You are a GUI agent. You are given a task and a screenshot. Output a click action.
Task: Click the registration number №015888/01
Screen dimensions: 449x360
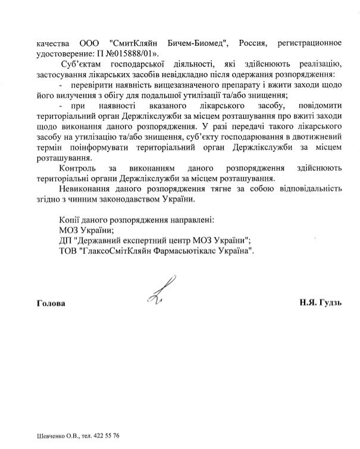[x=130, y=54]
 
